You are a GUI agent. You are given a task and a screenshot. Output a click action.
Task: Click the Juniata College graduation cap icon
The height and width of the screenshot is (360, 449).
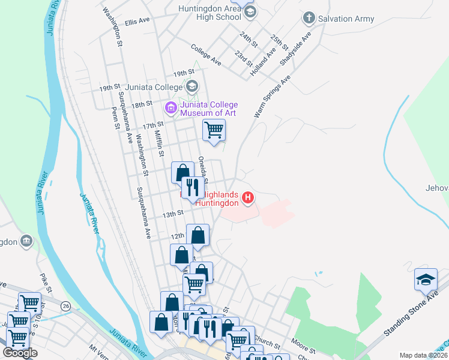pyautogui.click(x=192, y=86)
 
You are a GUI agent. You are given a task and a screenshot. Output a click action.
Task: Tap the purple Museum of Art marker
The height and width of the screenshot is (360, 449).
pyautogui.click(x=170, y=108)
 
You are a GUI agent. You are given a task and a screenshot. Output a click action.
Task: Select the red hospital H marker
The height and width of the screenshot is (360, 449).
pyautogui.click(x=247, y=197)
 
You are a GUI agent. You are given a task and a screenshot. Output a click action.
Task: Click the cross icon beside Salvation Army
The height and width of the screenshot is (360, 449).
pyautogui.click(x=309, y=18)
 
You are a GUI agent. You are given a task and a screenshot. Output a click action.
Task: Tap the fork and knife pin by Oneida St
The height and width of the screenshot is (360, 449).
pyautogui.click(x=193, y=187)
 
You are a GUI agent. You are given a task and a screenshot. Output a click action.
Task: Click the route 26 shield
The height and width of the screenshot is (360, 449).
pyautogui.click(x=65, y=306)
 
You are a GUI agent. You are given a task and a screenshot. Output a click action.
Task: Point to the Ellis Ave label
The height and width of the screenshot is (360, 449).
pyautogui.click(x=137, y=22)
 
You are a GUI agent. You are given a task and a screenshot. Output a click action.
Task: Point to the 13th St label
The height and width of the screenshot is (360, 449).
pyautogui.click(x=172, y=214)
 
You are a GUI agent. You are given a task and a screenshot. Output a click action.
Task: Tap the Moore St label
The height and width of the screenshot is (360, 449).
pyautogui.click(x=303, y=348)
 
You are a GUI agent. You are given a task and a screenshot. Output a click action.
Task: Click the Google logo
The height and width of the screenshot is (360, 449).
pyautogui.click(x=20, y=353)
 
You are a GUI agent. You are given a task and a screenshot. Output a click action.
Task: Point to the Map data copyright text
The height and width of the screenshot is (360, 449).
pyautogui.click(x=423, y=355)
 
